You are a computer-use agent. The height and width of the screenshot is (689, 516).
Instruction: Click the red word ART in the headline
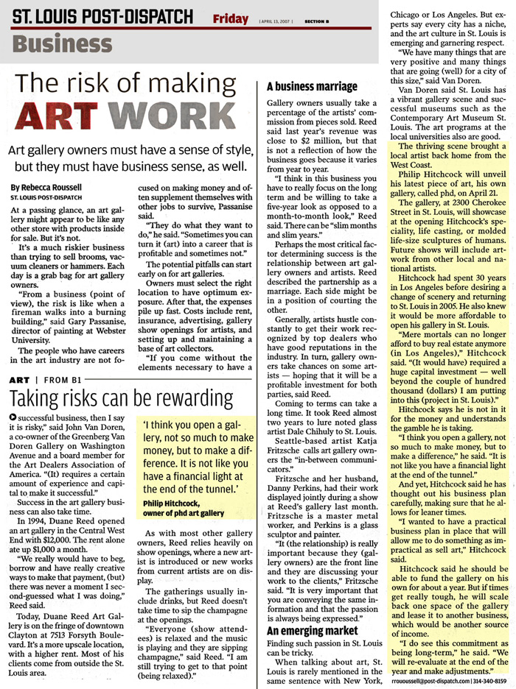pyautogui.click(x=63, y=117)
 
